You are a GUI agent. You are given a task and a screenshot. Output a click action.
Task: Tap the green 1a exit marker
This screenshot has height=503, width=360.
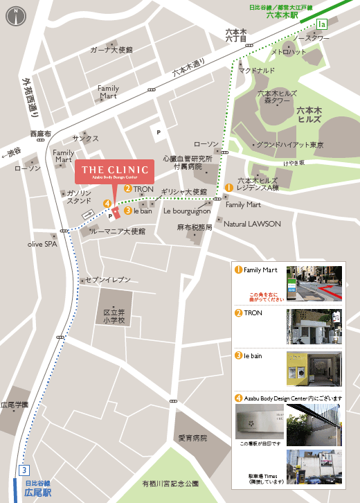point(321,24)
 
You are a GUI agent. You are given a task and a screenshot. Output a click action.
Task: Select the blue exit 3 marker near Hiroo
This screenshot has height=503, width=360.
point(24,469)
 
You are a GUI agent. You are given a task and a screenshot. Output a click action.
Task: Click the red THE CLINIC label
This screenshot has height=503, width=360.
point(115,171)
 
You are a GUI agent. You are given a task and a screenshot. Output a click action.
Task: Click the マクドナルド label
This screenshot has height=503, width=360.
point(257,70)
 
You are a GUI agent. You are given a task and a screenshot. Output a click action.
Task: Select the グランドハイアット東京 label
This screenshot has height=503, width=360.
point(291,145)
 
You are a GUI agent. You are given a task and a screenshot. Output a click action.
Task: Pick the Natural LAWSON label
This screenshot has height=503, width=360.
point(252,224)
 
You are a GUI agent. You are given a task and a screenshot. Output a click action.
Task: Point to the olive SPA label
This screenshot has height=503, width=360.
point(42,244)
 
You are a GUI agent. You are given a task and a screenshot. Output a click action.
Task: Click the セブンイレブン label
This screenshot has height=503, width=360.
point(107,279)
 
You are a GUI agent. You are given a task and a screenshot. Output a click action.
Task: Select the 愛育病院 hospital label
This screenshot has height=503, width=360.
point(192,438)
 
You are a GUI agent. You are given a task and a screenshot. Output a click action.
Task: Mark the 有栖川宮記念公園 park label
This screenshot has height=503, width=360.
point(170,482)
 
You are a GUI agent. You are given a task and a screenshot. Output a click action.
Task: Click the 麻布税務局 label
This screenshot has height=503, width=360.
point(195,227)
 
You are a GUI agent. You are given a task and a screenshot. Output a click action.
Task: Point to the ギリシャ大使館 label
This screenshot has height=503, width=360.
point(184,191)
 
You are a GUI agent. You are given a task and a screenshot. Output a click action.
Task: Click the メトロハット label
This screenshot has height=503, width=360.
point(288,52)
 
